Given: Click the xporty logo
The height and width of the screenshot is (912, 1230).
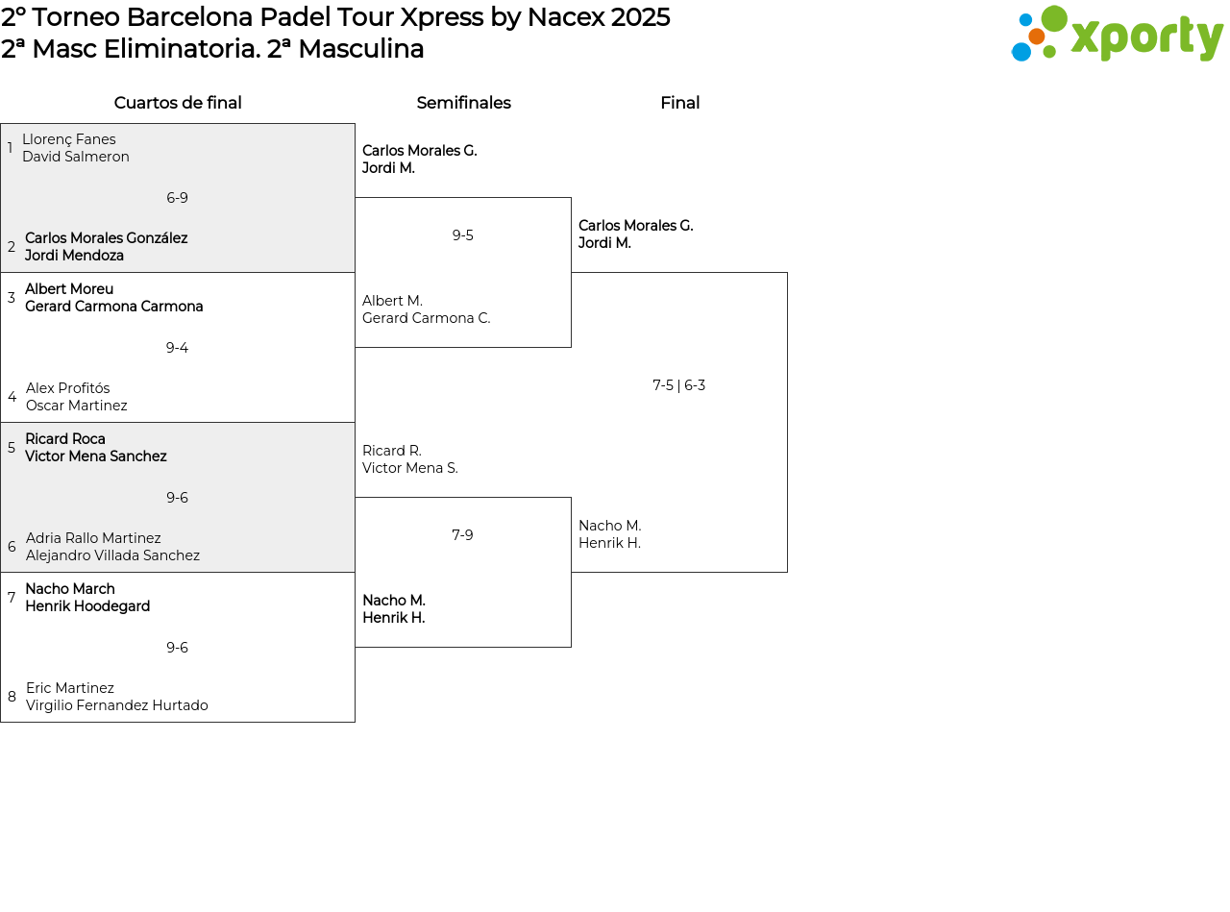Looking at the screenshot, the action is [x=1117, y=34].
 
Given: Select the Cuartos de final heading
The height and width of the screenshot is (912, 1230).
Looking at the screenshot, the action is [x=178, y=103].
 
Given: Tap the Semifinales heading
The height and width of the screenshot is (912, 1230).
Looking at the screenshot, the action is [x=463, y=103].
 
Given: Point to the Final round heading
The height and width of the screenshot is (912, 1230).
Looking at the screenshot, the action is [x=680, y=103].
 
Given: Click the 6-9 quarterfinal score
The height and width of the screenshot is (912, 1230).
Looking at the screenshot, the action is [x=178, y=198].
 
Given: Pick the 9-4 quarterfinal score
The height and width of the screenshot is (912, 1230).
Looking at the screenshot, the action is [x=178, y=347].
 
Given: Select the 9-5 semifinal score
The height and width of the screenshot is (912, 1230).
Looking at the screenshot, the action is [x=462, y=235].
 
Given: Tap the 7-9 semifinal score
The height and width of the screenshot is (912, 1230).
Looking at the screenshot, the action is [x=462, y=534].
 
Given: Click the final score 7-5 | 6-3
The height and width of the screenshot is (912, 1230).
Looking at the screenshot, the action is [x=678, y=385].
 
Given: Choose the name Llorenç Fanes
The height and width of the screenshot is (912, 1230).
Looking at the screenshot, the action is [x=69, y=139].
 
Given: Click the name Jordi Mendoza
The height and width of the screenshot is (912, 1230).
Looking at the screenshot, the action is [x=74, y=256].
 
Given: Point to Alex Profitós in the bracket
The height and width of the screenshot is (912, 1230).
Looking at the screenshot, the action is [x=67, y=387].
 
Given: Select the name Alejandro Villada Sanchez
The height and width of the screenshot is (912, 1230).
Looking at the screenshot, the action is [x=112, y=555].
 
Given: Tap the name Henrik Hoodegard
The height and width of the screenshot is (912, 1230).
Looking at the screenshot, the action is [x=87, y=606].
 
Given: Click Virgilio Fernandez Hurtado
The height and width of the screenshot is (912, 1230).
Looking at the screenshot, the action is [x=117, y=705].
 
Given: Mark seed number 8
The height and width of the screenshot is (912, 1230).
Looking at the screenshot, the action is [x=12, y=696].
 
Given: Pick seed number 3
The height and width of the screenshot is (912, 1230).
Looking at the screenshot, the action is [x=12, y=297].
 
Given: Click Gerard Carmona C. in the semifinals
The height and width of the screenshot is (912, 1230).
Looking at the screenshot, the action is [x=426, y=318].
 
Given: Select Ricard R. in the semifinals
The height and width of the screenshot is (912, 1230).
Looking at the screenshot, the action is [x=391, y=451].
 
